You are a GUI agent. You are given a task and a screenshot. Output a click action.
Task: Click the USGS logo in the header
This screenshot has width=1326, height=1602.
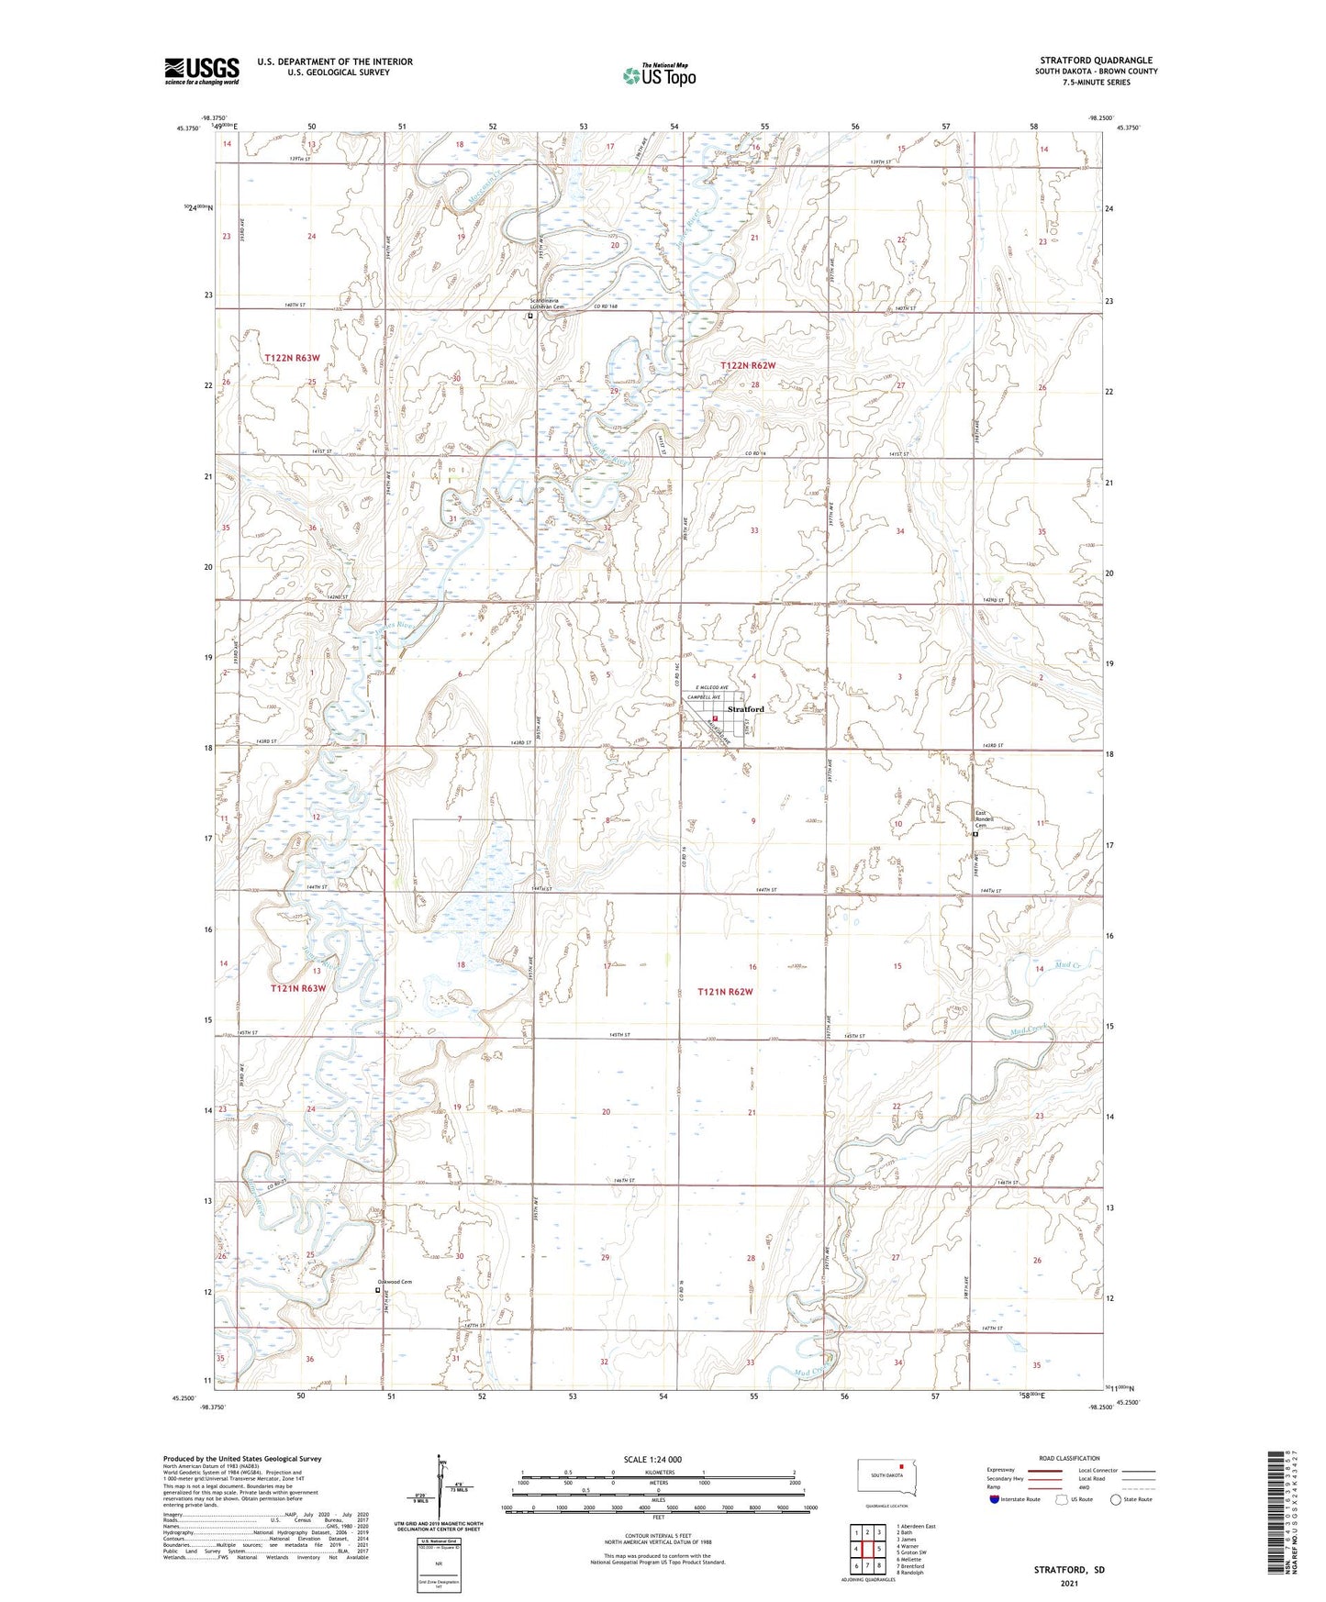click(201, 70)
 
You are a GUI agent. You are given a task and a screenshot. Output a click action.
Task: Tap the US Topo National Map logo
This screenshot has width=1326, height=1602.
click(658, 74)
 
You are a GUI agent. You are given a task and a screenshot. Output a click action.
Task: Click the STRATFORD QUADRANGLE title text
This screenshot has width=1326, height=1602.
click(1096, 60)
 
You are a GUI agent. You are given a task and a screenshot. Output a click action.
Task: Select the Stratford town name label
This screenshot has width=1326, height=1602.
click(745, 709)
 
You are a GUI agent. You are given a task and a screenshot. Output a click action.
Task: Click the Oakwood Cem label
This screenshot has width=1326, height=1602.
click(396, 1282)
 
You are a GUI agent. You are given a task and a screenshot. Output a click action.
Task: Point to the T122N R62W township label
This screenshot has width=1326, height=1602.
click(748, 365)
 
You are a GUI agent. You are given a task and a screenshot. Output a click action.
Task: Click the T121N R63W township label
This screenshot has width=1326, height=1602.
click(298, 988)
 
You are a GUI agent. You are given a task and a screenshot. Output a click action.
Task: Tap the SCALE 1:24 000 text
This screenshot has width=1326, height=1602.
click(652, 1460)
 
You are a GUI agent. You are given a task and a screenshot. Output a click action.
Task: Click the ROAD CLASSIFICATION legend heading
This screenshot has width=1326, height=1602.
click(1069, 1458)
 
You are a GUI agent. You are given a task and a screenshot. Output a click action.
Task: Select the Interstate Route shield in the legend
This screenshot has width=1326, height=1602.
click(995, 1499)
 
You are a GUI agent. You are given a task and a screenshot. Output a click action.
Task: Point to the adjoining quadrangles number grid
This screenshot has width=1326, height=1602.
click(867, 1549)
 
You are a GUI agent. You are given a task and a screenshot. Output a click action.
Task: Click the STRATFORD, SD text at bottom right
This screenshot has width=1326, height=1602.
click(1069, 1570)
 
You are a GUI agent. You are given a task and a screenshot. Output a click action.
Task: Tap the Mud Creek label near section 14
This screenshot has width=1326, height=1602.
click(1041, 965)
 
